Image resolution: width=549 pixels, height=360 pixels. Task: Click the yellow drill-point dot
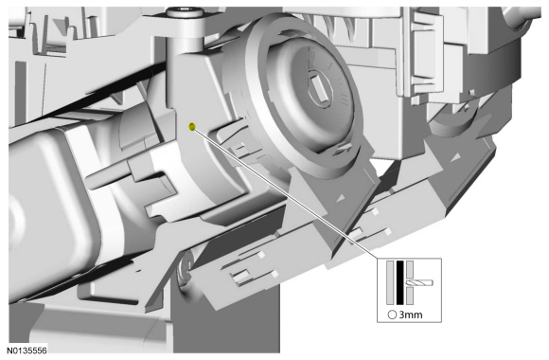pyautogui.click(x=191, y=127)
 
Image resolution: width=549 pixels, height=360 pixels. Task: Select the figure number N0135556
pyautogui.click(x=27, y=351)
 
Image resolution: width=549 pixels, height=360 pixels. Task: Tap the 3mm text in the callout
pyautogui.click(x=411, y=315)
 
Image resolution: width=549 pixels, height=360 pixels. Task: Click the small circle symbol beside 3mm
pyautogui.click(x=392, y=315)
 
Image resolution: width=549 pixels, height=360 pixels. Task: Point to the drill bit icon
pyautogui.click(x=419, y=282)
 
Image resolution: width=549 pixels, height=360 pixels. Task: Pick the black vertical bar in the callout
pyautogui.click(x=399, y=282)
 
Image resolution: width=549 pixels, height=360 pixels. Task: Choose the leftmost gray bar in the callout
pyautogui.click(x=390, y=282)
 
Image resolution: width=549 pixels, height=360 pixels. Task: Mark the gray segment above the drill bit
pyautogui.click(x=410, y=270)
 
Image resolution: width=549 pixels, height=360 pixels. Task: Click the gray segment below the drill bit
pyautogui.click(x=410, y=296)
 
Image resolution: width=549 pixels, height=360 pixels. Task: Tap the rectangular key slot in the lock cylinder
pyautogui.click(x=321, y=89)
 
